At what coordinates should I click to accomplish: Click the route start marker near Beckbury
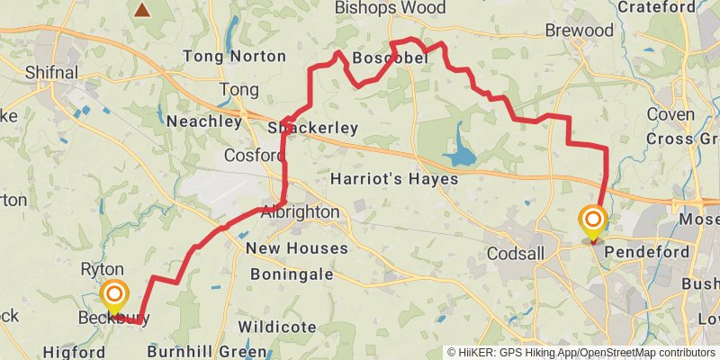tap(114, 295)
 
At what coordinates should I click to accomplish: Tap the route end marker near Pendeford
tap(593, 221)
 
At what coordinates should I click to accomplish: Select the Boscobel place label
tap(387, 58)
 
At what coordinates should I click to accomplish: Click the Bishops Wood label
tap(390, 8)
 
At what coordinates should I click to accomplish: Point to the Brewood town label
tap(579, 31)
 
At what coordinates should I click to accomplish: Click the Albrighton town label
tap(301, 212)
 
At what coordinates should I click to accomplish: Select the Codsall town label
tap(516, 254)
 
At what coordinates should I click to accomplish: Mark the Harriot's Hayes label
tap(394, 179)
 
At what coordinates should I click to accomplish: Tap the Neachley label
tap(204, 121)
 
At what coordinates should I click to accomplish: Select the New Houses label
tap(296, 248)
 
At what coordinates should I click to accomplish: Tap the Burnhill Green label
tap(207, 350)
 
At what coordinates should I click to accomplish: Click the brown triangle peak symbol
tap(142, 10)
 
